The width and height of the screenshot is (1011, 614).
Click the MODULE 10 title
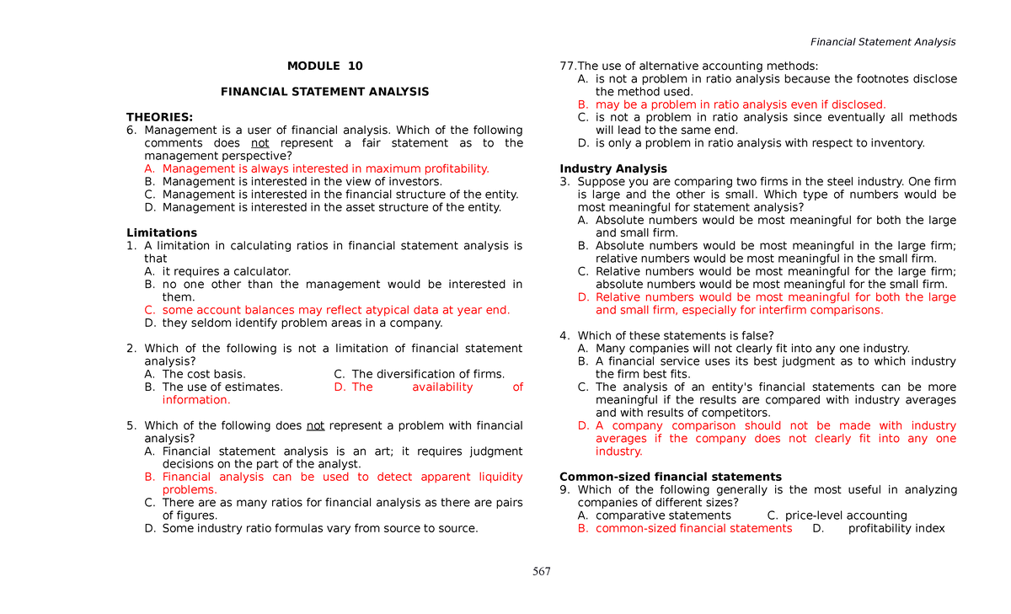pos(324,66)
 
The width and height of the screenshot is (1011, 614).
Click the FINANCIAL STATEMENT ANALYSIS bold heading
pos(324,92)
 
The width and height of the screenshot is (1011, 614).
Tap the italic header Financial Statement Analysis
pos(882,42)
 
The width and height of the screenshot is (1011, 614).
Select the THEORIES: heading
pos(159,117)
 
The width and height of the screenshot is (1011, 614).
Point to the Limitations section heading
pos(162,232)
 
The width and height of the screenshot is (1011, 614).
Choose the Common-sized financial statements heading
pos(671,477)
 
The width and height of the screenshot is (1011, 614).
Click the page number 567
pos(542,572)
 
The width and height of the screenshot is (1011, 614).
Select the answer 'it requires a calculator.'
pos(226,271)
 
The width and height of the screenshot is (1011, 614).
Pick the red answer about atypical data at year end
pos(335,310)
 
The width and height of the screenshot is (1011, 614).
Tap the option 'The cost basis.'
pos(204,374)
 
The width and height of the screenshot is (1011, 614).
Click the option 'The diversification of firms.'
pos(428,374)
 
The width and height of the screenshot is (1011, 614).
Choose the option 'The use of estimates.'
pos(222,387)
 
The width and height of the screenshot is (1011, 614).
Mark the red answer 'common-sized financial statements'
pos(693,528)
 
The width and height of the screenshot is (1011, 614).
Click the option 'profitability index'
pos(896,528)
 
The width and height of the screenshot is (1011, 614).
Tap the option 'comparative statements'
pos(663,515)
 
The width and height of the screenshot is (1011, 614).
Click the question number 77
pos(567,67)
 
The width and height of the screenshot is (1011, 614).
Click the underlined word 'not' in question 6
pos(260,143)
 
